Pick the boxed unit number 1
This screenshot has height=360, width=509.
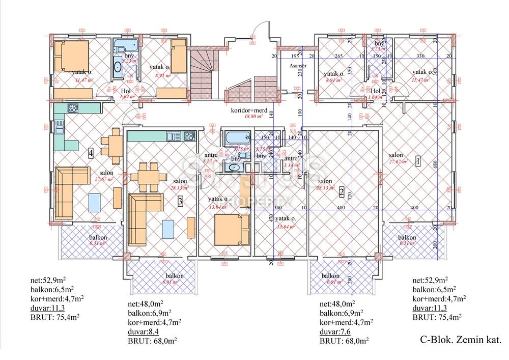point(417,161)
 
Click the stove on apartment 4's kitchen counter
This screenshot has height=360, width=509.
point(72,108)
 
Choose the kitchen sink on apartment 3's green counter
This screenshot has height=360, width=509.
point(171,136)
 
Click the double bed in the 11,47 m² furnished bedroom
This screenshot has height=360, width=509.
point(71,57)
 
